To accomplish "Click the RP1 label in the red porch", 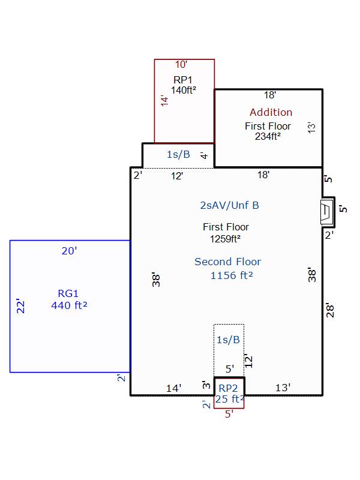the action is (183, 80).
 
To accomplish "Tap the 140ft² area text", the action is (184, 91).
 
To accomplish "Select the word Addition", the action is (271, 112).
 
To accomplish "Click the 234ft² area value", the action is (268, 136).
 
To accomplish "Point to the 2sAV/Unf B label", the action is (230, 205).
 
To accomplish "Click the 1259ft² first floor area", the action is (225, 239).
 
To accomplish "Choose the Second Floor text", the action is (228, 262).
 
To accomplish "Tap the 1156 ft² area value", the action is (232, 275).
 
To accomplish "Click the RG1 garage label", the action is (68, 293).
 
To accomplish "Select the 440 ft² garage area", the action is (69, 305).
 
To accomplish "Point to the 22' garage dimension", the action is (20, 306).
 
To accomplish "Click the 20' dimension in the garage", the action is (69, 251).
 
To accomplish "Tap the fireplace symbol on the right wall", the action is (326, 212).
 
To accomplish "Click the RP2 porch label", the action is (228, 388).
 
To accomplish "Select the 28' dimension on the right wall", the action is (330, 310).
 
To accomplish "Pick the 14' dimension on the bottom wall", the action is (173, 388).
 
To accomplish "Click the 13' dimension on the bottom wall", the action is (283, 388).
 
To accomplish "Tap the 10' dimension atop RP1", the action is (181, 65).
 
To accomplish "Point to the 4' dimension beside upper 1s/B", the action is (204, 155).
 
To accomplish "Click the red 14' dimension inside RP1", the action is (164, 101).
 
